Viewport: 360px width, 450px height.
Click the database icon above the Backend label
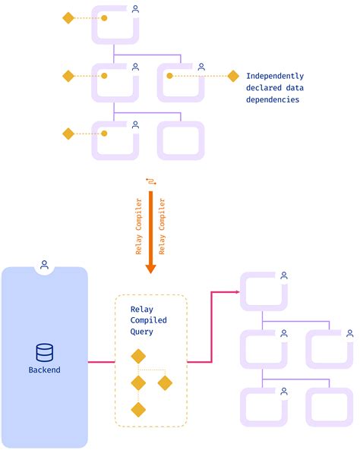[x=45, y=352]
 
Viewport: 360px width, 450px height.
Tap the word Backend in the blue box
[x=45, y=370]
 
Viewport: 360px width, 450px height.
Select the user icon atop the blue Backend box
[x=45, y=265]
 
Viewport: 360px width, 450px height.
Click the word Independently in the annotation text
[x=275, y=76]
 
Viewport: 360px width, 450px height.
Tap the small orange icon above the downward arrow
[x=150, y=181]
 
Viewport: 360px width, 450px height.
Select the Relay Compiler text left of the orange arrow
[x=139, y=228]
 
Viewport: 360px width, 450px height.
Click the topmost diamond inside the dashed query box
[x=137, y=356]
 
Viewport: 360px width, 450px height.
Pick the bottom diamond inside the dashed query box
[x=137, y=410]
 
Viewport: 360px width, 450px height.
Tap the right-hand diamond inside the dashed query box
[x=165, y=383]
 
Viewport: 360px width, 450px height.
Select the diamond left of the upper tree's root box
[x=68, y=17]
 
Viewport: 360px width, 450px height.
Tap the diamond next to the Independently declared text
[x=232, y=76]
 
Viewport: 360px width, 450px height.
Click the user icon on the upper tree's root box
[x=135, y=9]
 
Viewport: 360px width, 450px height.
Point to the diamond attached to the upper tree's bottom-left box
[x=68, y=134]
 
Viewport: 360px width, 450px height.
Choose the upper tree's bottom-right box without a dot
[x=181, y=139]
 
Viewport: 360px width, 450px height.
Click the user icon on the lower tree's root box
[x=283, y=278]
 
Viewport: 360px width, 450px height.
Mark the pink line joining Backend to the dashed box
[x=101, y=362]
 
